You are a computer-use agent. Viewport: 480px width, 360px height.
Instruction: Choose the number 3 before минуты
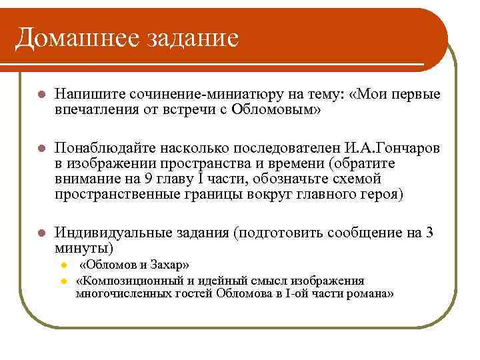tap(429, 233)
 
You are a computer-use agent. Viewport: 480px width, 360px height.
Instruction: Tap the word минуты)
tap(85, 247)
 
